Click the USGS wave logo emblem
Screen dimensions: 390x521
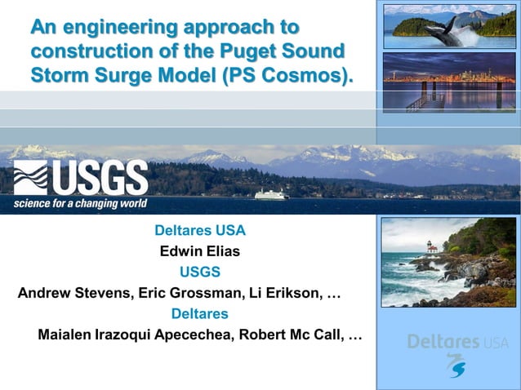30,177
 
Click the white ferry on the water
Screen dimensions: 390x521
272,194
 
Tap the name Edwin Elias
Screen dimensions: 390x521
200,251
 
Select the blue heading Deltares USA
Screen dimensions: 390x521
200,231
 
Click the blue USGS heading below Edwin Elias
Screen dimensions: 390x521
200,272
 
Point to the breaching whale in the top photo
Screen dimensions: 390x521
445,30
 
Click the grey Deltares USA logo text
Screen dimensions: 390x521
457,342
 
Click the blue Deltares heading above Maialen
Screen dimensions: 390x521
200,314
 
